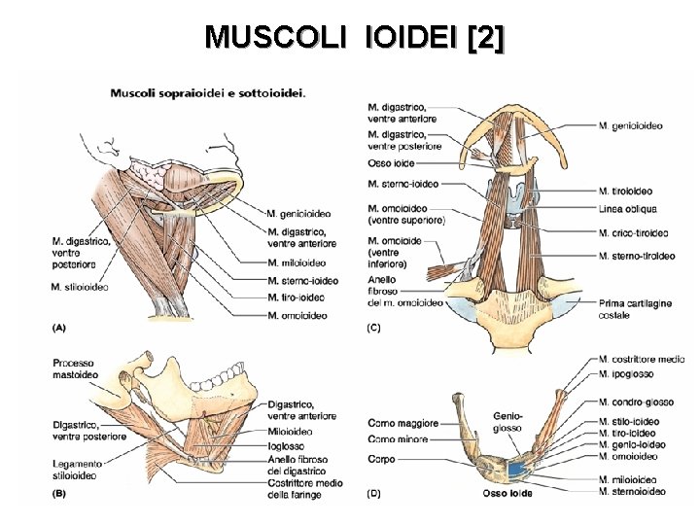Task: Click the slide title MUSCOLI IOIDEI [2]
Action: (x=355, y=37)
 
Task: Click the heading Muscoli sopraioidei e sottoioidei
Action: (x=208, y=93)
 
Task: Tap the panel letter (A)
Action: (x=59, y=328)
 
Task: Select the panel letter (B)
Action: (x=59, y=495)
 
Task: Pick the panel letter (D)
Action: (x=373, y=495)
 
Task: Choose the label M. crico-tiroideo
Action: (x=634, y=233)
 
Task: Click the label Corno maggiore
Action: (x=402, y=424)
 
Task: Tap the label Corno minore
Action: (x=399, y=440)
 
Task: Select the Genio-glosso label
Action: (x=507, y=422)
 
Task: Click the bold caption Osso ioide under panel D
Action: (x=507, y=494)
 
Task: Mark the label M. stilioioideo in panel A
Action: (x=80, y=287)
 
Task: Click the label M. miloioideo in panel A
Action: (x=297, y=262)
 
